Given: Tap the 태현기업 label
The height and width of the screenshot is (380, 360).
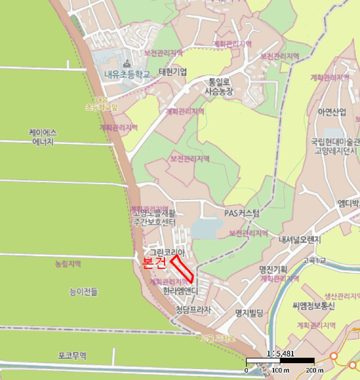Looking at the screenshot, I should click(172, 72).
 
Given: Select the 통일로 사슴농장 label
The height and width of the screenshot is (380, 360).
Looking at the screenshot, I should click(219, 87).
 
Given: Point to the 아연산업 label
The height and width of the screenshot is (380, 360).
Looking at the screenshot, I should click(332, 112).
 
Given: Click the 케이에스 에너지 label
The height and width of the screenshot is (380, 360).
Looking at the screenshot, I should click(43, 137).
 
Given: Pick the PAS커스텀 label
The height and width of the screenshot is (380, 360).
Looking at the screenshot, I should click(242, 213).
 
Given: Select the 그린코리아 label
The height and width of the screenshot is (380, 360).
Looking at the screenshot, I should click(168, 252).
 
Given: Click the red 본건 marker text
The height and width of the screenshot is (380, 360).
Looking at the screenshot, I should click(153, 262).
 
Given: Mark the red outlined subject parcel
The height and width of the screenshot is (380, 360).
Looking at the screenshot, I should click(183, 269).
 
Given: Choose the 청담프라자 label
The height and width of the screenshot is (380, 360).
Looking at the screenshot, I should click(193, 310).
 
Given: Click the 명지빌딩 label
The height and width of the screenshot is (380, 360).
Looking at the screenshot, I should click(249, 313).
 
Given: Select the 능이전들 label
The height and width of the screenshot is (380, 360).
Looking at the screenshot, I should click(84, 293).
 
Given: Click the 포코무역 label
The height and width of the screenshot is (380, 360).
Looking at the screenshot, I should click(72, 356).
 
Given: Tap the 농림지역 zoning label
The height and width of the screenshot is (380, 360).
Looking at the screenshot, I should click(68, 264).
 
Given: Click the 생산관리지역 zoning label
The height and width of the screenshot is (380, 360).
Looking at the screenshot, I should click(342, 296).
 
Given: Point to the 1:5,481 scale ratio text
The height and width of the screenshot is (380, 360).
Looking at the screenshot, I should click(279, 353).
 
